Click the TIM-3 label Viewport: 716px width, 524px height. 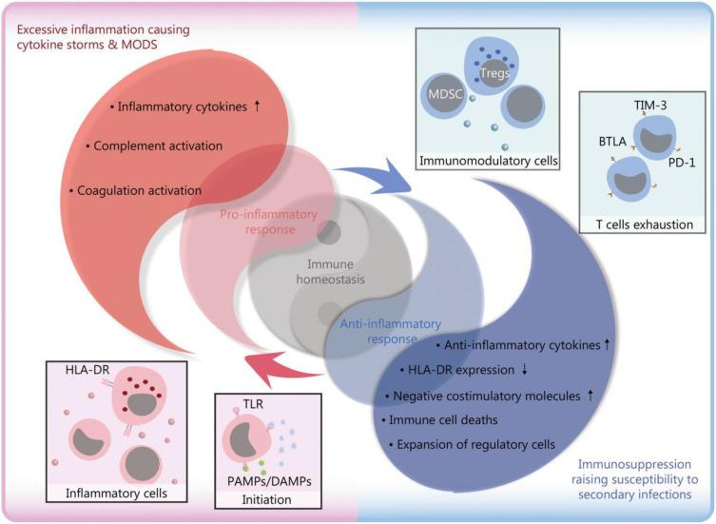(650, 105)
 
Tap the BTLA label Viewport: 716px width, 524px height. (612, 142)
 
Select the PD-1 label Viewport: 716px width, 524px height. (682, 163)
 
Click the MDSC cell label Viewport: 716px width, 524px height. (445, 94)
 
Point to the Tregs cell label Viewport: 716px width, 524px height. (495, 72)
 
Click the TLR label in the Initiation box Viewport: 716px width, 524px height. (253, 404)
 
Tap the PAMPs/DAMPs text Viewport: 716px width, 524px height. (269, 481)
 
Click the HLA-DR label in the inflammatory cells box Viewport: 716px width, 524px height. (87, 370)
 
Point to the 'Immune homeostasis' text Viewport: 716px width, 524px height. (330, 271)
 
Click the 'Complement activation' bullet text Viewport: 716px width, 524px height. (158, 146)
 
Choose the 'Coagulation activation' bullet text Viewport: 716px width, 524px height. (139, 190)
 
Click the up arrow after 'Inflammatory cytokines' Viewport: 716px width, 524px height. (257, 106)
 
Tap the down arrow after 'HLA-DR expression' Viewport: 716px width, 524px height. (524, 370)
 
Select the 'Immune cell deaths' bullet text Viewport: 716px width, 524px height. (443, 419)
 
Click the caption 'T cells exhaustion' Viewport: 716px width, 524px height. (645, 224)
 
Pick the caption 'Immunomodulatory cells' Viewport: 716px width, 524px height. (488, 161)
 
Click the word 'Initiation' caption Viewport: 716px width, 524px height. (266, 499)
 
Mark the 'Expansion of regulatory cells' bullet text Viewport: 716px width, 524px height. (475, 444)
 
